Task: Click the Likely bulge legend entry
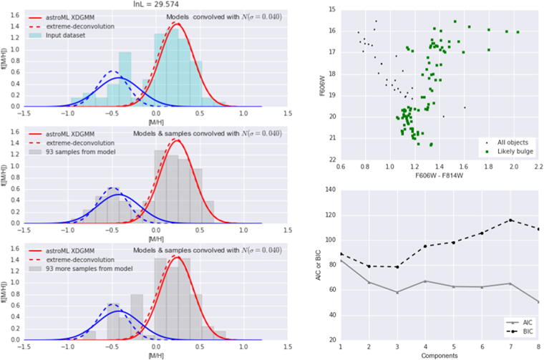click(513, 152)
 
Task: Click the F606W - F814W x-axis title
click(439, 175)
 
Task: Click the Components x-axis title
click(439, 356)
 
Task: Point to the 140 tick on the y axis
click(331, 190)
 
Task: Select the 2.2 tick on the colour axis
click(538, 166)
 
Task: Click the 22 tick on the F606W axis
click(331, 159)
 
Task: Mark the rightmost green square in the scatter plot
click(518, 32)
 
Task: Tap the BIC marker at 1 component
click(341, 254)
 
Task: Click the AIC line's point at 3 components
click(397, 292)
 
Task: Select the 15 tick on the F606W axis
click(331, 9)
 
